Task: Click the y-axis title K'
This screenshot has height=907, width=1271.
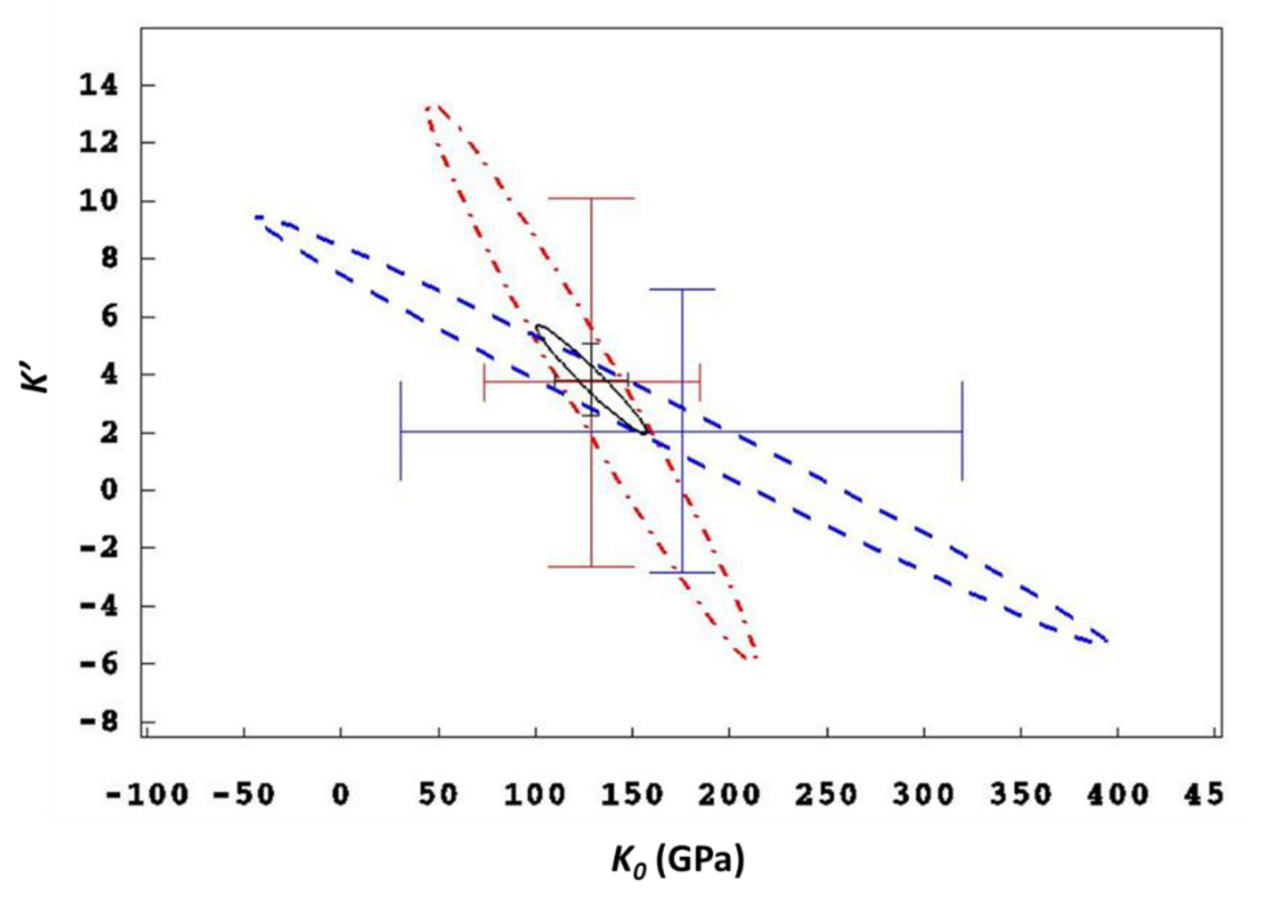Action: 35,375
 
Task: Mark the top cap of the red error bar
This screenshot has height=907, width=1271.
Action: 591,198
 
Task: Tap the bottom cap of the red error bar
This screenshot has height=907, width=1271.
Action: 591,567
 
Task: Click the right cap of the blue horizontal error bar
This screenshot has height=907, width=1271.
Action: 962,431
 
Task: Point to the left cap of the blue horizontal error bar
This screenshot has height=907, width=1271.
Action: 401,431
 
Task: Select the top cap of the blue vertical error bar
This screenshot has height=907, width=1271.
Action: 682,289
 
